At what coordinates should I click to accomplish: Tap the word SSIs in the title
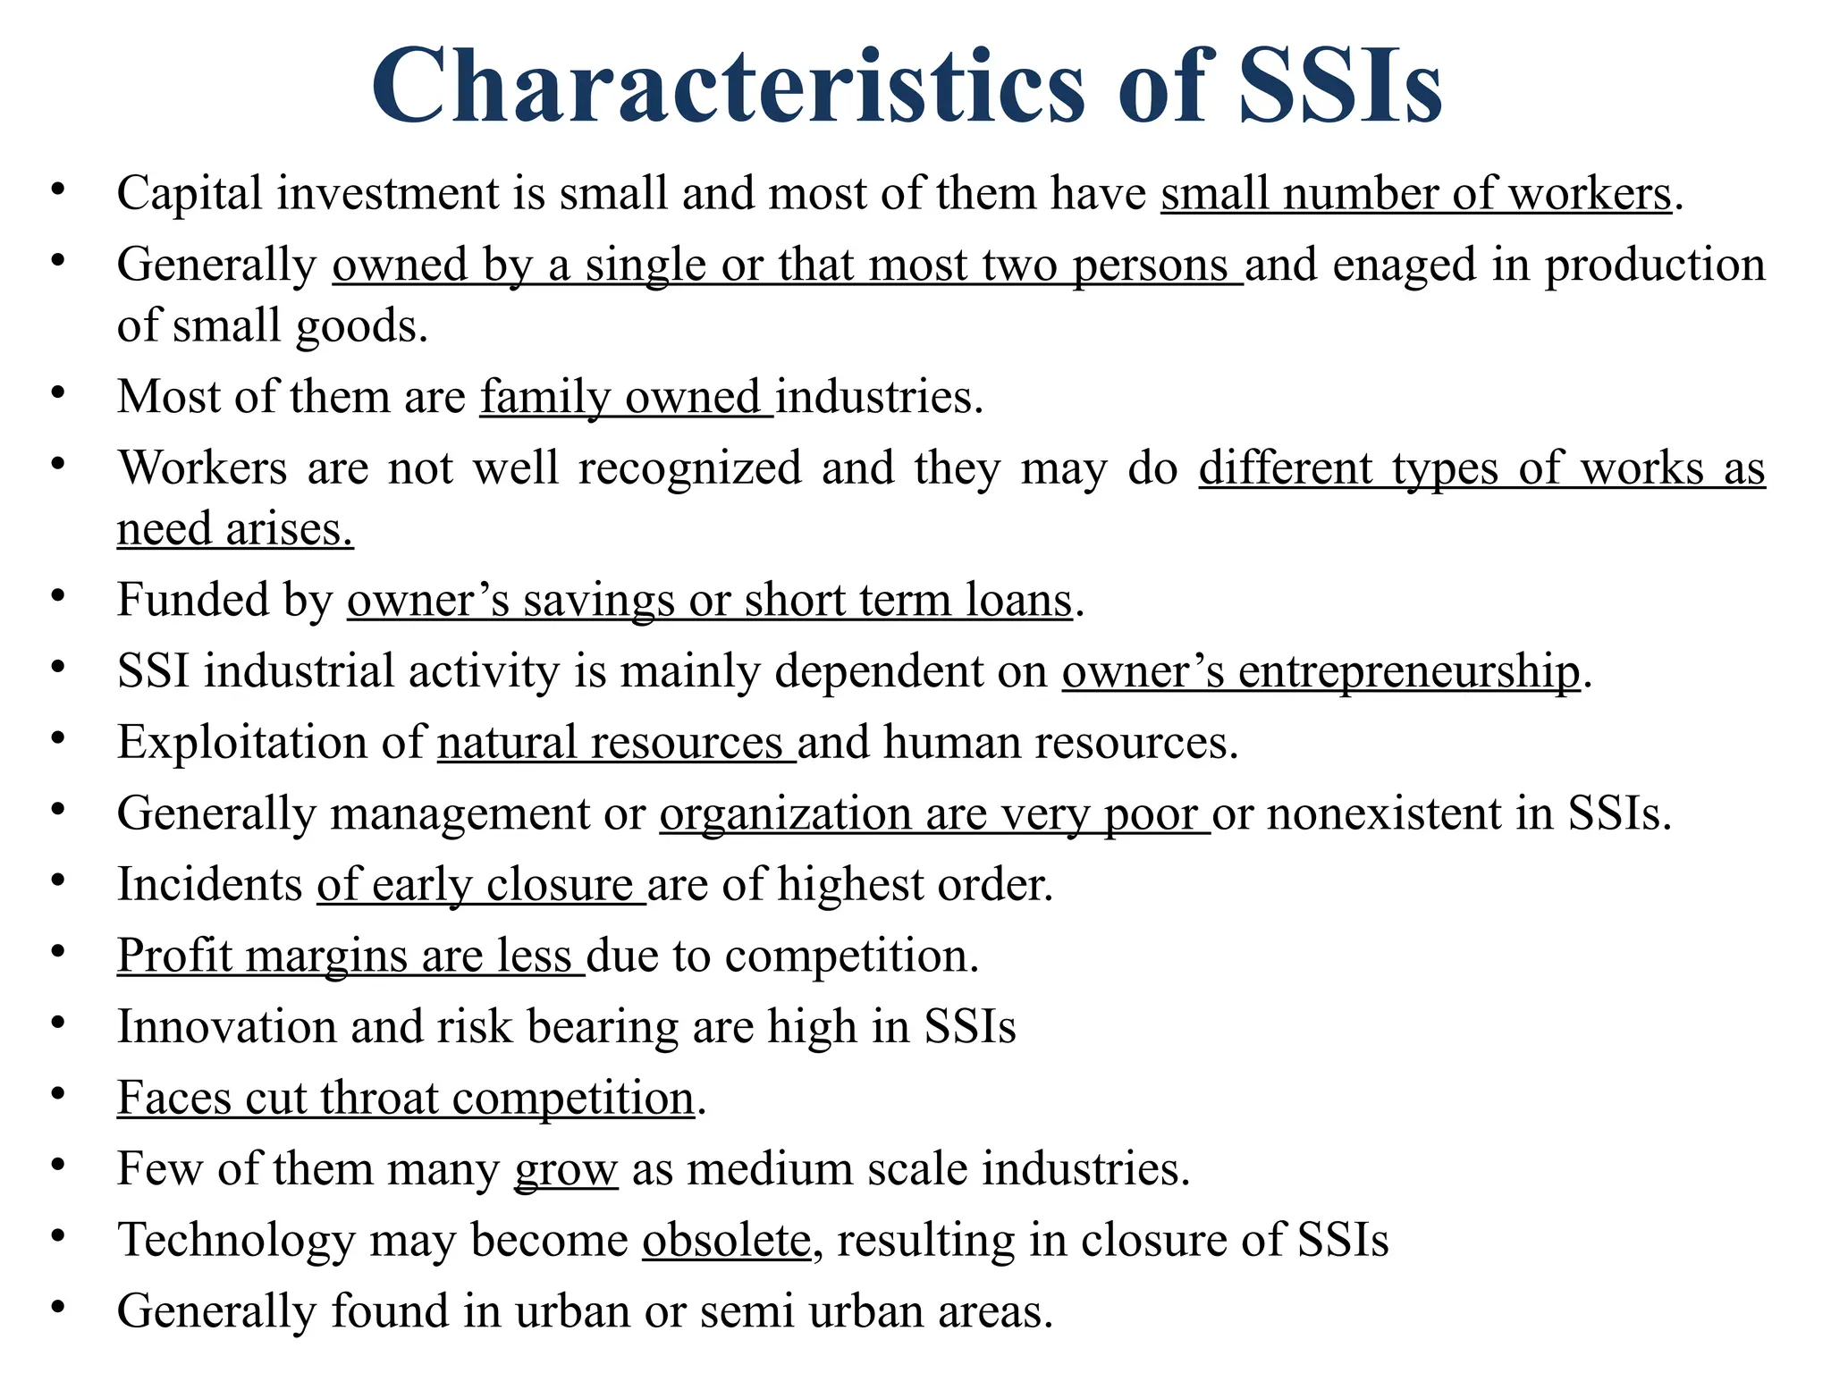pyautogui.click(x=1340, y=86)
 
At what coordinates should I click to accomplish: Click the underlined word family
pyautogui.click(x=544, y=397)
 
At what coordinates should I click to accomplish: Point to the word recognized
pyautogui.click(x=688, y=467)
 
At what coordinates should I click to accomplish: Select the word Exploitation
pyautogui.click(x=269, y=742)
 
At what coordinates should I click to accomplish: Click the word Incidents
pyautogui.click(x=210, y=884)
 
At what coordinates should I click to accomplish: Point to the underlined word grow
pyautogui.click(x=566, y=1169)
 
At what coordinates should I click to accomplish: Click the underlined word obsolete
pyautogui.click(x=726, y=1240)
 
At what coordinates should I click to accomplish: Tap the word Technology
pyautogui.click(x=236, y=1240)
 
